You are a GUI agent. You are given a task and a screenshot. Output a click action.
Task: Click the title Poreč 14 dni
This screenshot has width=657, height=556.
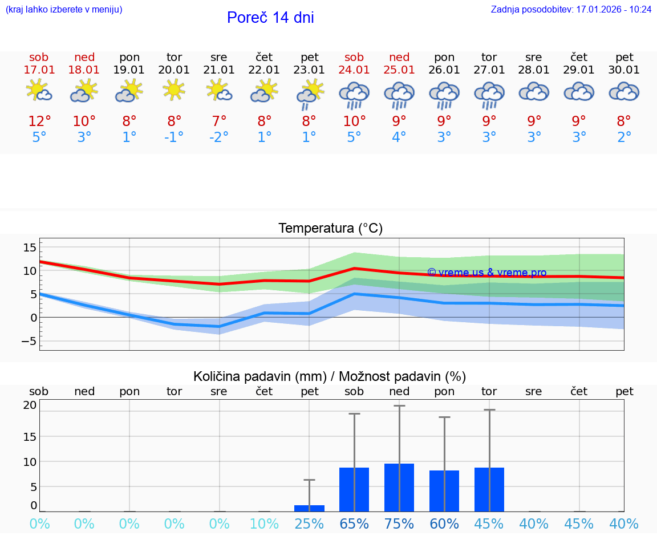click(x=270, y=18)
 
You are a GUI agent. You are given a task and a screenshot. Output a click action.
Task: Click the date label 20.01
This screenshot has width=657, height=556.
click(x=174, y=70)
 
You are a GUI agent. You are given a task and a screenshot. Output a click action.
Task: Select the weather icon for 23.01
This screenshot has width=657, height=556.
click(x=310, y=94)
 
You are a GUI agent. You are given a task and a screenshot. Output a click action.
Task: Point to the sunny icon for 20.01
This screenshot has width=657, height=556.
click(x=174, y=90)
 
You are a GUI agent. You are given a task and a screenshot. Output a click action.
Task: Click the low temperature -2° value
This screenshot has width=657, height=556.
click(x=219, y=137)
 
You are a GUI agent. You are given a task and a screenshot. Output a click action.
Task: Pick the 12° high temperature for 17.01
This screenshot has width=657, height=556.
click(x=39, y=121)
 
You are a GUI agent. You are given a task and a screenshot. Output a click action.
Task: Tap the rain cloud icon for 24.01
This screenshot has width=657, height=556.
click(x=354, y=95)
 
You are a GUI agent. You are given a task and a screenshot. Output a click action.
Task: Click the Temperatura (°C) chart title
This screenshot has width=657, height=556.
click(x=330, y=229)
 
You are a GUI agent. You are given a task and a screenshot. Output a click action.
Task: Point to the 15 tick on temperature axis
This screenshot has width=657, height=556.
click(x=30, y=247)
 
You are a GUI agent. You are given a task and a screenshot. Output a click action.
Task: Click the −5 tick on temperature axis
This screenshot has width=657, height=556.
click(x=28, y=341)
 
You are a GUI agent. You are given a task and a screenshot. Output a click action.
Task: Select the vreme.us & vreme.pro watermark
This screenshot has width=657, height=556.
click(x=486, y=273)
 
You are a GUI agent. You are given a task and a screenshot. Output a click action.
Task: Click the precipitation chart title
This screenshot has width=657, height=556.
click(x=330, y=376)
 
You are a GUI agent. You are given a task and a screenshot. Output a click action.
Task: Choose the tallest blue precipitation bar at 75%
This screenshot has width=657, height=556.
click(x=399, y=488)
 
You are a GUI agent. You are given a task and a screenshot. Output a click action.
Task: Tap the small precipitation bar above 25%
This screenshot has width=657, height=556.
click(x=310, y=508)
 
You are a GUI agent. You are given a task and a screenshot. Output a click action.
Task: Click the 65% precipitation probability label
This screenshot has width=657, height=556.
click(x=354, y=523)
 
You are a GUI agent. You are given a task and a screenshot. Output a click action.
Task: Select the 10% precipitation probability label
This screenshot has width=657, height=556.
click(x=264, y=523)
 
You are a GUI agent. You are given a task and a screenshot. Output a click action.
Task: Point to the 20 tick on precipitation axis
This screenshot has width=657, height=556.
click(x=30, y=405)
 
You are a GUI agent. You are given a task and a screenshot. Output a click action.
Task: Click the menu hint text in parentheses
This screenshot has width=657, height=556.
click(x=64, y=10)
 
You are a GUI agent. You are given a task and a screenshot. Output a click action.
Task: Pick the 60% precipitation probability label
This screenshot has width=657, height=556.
click(x=444, y=523)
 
